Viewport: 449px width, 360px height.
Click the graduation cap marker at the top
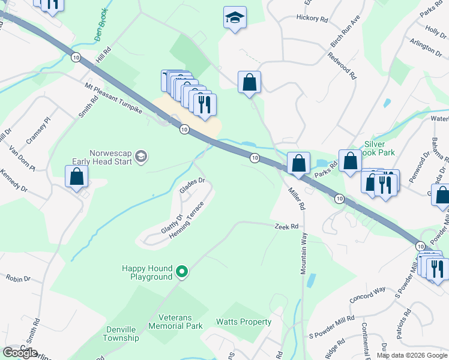click(x=235, y=18)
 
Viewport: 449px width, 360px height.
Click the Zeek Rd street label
click(x=286, y=226)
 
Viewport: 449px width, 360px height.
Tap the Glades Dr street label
click(x=192, y=185)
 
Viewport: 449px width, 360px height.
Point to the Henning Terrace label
click(x=186, y=220)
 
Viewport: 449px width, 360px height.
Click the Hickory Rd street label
click(x=312, y=19)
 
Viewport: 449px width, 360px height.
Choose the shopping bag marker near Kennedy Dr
click(x=76, y=177)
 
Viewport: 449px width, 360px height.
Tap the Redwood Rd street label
click(x=342, y=66)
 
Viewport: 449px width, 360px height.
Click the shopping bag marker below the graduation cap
click(x=249, y=83)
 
